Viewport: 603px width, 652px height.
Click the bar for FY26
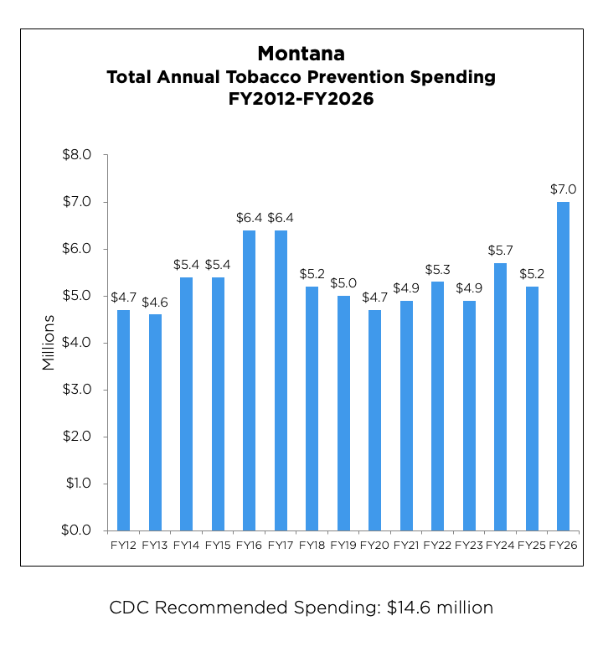coord(564,366)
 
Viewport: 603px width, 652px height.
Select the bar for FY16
coord(250,380)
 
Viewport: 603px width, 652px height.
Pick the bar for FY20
coord(375,420)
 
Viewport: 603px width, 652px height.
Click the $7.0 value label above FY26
coord(564,189)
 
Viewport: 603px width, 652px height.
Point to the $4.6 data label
coord(155,302)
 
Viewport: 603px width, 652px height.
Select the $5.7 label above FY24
coord(501,251)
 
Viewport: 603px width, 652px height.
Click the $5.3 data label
coord(438,269)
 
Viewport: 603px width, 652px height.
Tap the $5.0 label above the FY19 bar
coord(343,283)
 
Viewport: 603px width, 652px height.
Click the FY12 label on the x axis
coord(123,546)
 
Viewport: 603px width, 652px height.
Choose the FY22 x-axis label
coord(438,546)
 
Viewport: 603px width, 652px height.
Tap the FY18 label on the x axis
coord(312,546)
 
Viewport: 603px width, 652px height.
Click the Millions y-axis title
coord(49,343)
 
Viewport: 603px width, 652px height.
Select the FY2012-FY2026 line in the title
coord(301,99)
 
